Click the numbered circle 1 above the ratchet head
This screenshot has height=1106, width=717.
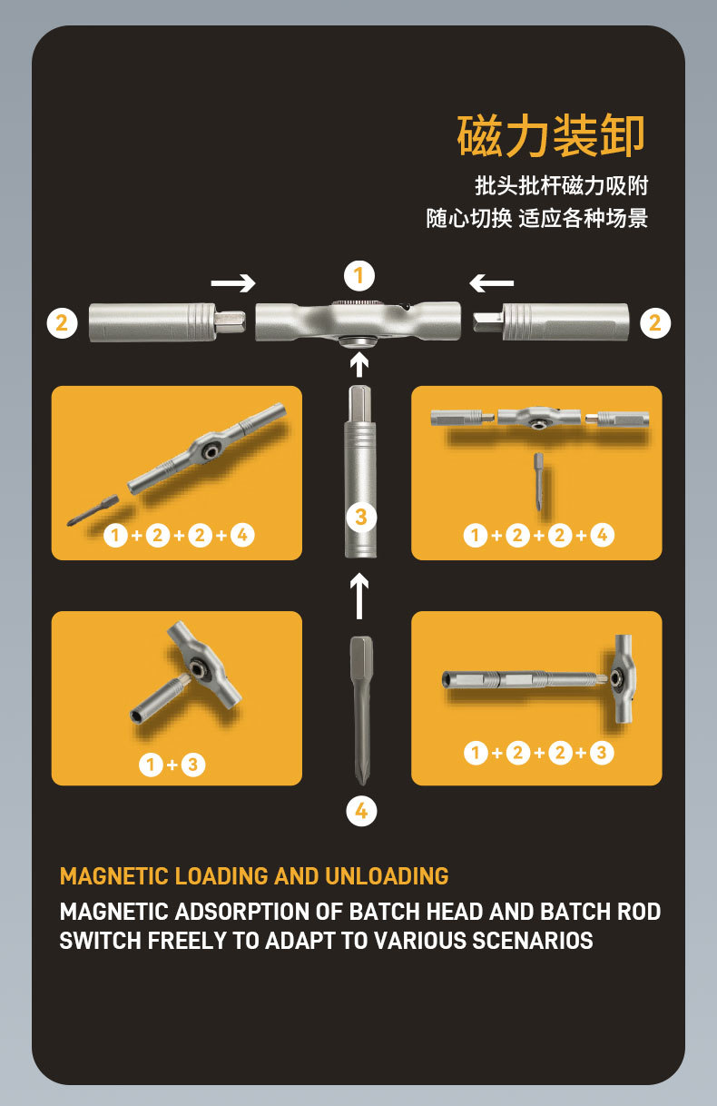[x=359, y=275]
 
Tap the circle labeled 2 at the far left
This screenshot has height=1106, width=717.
[x=63, y=323]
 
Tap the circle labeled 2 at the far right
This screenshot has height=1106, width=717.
[x=655, y=323]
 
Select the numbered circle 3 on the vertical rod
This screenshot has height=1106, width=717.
[x=361, y=518]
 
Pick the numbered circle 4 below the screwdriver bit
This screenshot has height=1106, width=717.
[x=361, y=811]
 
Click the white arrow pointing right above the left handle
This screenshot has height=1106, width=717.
[x=233, y=283]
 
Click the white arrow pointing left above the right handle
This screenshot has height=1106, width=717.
[x=492, y=283]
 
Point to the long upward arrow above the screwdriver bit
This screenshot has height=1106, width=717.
[x=359, y=596]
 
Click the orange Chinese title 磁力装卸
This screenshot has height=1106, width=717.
[x=551, y=136]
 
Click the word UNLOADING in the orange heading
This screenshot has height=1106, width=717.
[x=387, y=876]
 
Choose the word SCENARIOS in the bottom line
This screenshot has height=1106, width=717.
[x=533, y=941]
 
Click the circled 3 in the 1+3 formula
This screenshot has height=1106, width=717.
[x=193, y=765]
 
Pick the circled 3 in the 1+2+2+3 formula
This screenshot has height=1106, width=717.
[x=602, y=753]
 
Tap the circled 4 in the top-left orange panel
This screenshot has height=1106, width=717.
[x=242, y=535]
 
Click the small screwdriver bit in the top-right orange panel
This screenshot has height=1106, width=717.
[x=538, y=482]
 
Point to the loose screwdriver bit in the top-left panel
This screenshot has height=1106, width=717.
[x=93, y=510]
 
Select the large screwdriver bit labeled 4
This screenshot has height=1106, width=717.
[x=361, y=710]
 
